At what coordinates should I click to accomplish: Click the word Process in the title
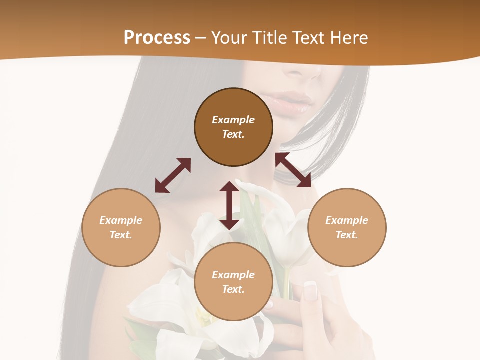click(x=157, y=38)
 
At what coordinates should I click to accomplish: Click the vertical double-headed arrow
click(x=229, y=205)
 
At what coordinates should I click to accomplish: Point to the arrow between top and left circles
click(x=173, y=175)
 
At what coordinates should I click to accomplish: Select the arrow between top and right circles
click(x=293, y=170)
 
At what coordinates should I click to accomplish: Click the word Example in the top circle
click(x=233, y=120)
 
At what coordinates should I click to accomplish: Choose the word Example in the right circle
click(x=347, y=220)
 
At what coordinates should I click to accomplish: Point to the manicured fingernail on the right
click(x=310, y=291)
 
